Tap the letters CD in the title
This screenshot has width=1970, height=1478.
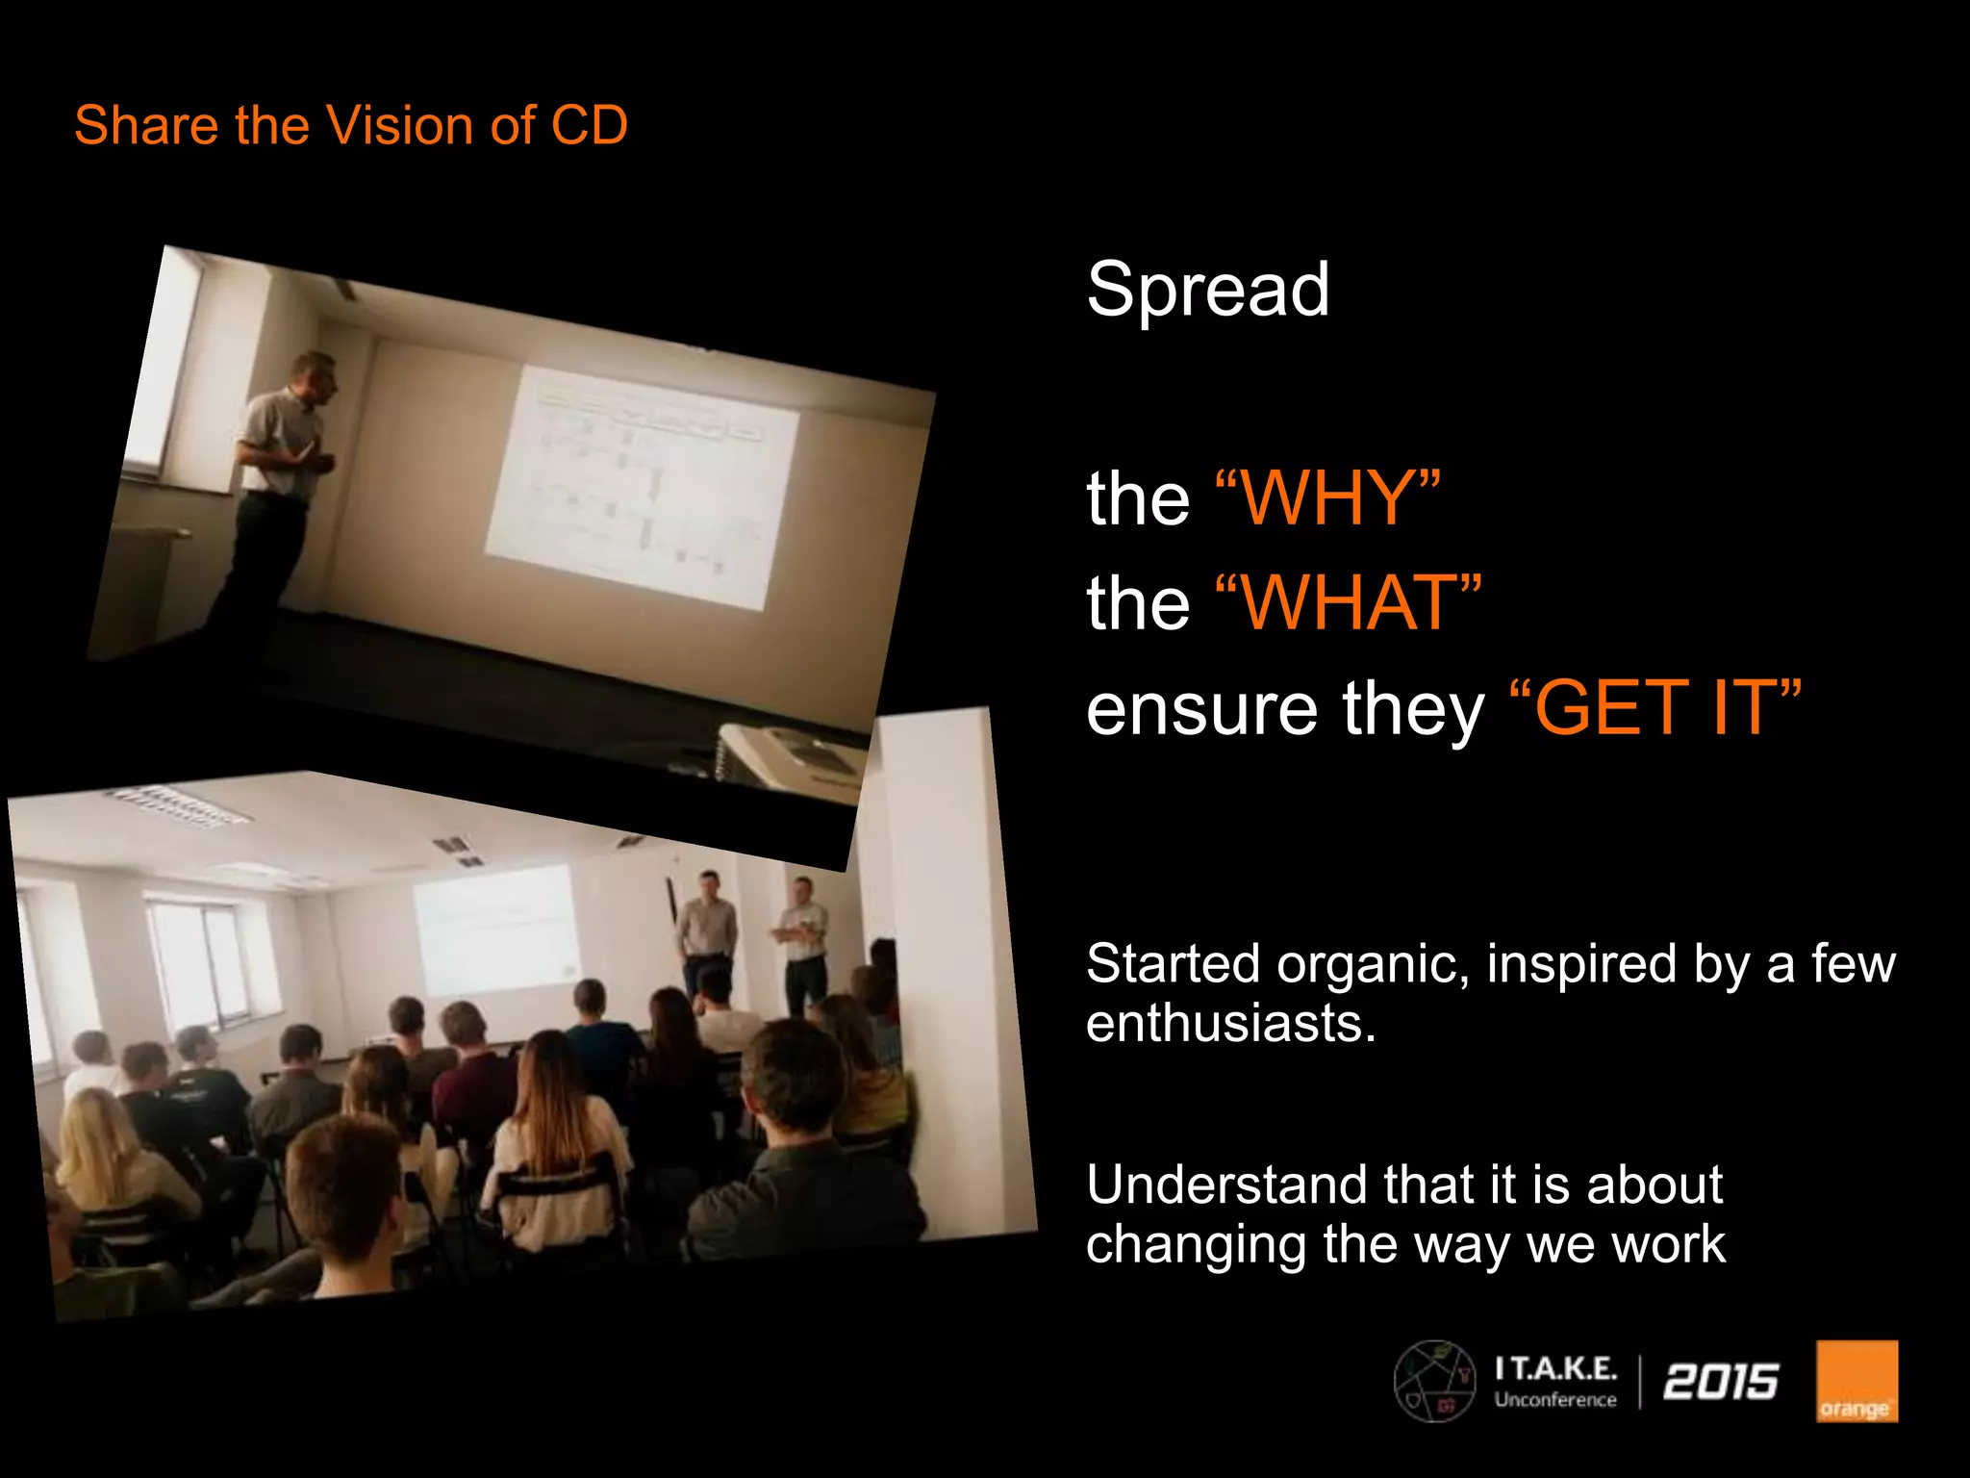[x=589, y=125]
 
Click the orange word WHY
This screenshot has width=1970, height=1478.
[x=1327, y=497]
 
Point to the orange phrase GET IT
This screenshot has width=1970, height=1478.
[x=1654, y=708]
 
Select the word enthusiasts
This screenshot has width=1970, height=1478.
[x=1231, y=1023]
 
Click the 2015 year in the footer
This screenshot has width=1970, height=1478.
[x=1721, y=1382]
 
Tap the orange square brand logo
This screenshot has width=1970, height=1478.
[x=1856, y=1381]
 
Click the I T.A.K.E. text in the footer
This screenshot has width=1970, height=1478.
[x=1555, y=1368]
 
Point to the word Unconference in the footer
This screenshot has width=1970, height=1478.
[x=1555, y=1400]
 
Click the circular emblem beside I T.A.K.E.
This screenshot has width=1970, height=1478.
[x=1435, y=1382]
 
